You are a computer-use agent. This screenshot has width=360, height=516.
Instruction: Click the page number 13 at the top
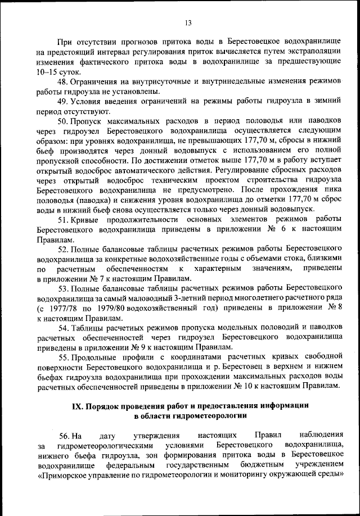188,22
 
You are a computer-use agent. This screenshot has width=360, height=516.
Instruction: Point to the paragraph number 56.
64,435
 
